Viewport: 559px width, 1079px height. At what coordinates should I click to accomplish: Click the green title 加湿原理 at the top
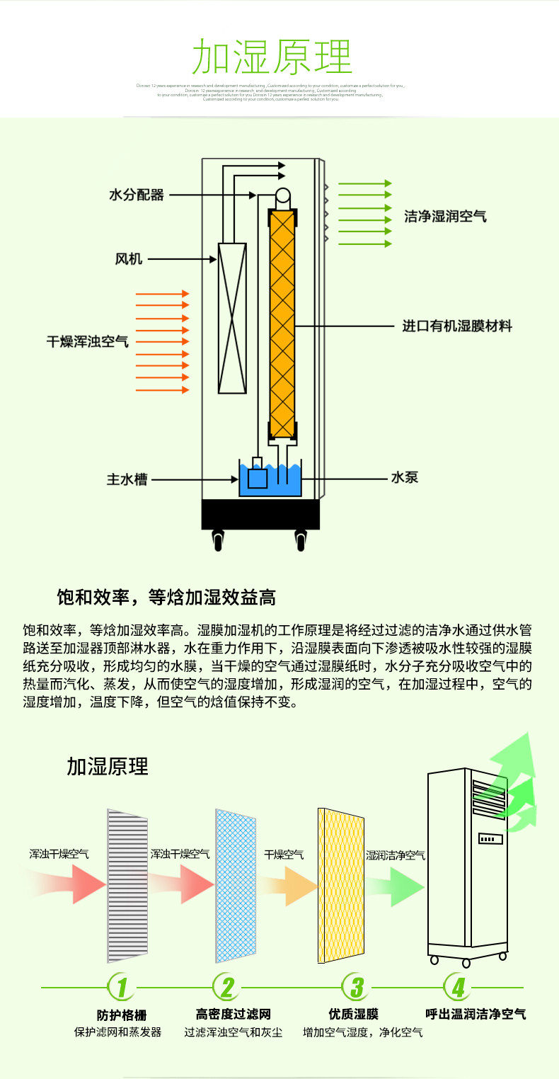click(x=272, y=58)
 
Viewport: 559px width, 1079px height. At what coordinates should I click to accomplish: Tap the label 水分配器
click(x=137, y=194)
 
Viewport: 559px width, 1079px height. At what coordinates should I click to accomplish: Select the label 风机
click(x=129, y=259)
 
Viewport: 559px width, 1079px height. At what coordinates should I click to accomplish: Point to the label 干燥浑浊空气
click(x=88, y=341)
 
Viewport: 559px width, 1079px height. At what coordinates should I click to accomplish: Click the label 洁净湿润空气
click(x=445, y=216)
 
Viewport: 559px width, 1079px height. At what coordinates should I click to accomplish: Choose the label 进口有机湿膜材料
click(x=457, y=326)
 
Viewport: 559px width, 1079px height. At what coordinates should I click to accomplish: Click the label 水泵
click(x=405, y=478)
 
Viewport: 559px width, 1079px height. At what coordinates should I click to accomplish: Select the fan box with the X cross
click(x=232, y=318)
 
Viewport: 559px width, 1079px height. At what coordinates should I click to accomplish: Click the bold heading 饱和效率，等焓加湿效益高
click(x=166, y=598)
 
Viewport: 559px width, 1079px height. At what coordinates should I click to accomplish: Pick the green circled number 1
click(x=122, y=987)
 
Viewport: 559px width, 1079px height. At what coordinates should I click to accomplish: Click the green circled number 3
click(x=357, y=987)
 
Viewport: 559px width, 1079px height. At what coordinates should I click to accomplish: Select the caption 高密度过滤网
click(x=234, y=1015)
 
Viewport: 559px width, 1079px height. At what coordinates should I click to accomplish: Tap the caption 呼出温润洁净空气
click(x=476, y=1014)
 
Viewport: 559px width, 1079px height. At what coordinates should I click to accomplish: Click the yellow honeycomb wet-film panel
click(x=342, y=886)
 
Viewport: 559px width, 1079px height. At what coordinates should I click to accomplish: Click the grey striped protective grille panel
click(x=128, y=885)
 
